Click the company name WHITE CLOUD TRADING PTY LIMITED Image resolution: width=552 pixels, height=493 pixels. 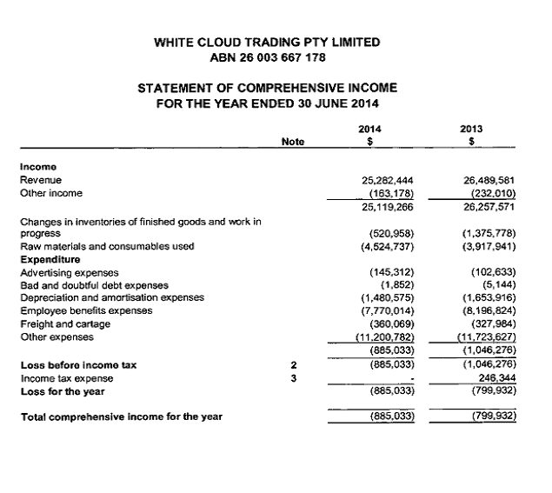tap(266, 42)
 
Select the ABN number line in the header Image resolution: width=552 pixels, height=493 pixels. tap(266, 58)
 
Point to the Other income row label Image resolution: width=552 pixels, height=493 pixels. tap(51, 193)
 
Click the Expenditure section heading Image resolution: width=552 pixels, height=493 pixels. tap(50, 259)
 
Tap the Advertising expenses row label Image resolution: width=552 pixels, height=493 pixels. tap(69, 272)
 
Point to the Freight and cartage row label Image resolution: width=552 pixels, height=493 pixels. tap(62, 323)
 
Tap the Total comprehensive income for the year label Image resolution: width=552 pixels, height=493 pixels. tap(121, 416)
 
